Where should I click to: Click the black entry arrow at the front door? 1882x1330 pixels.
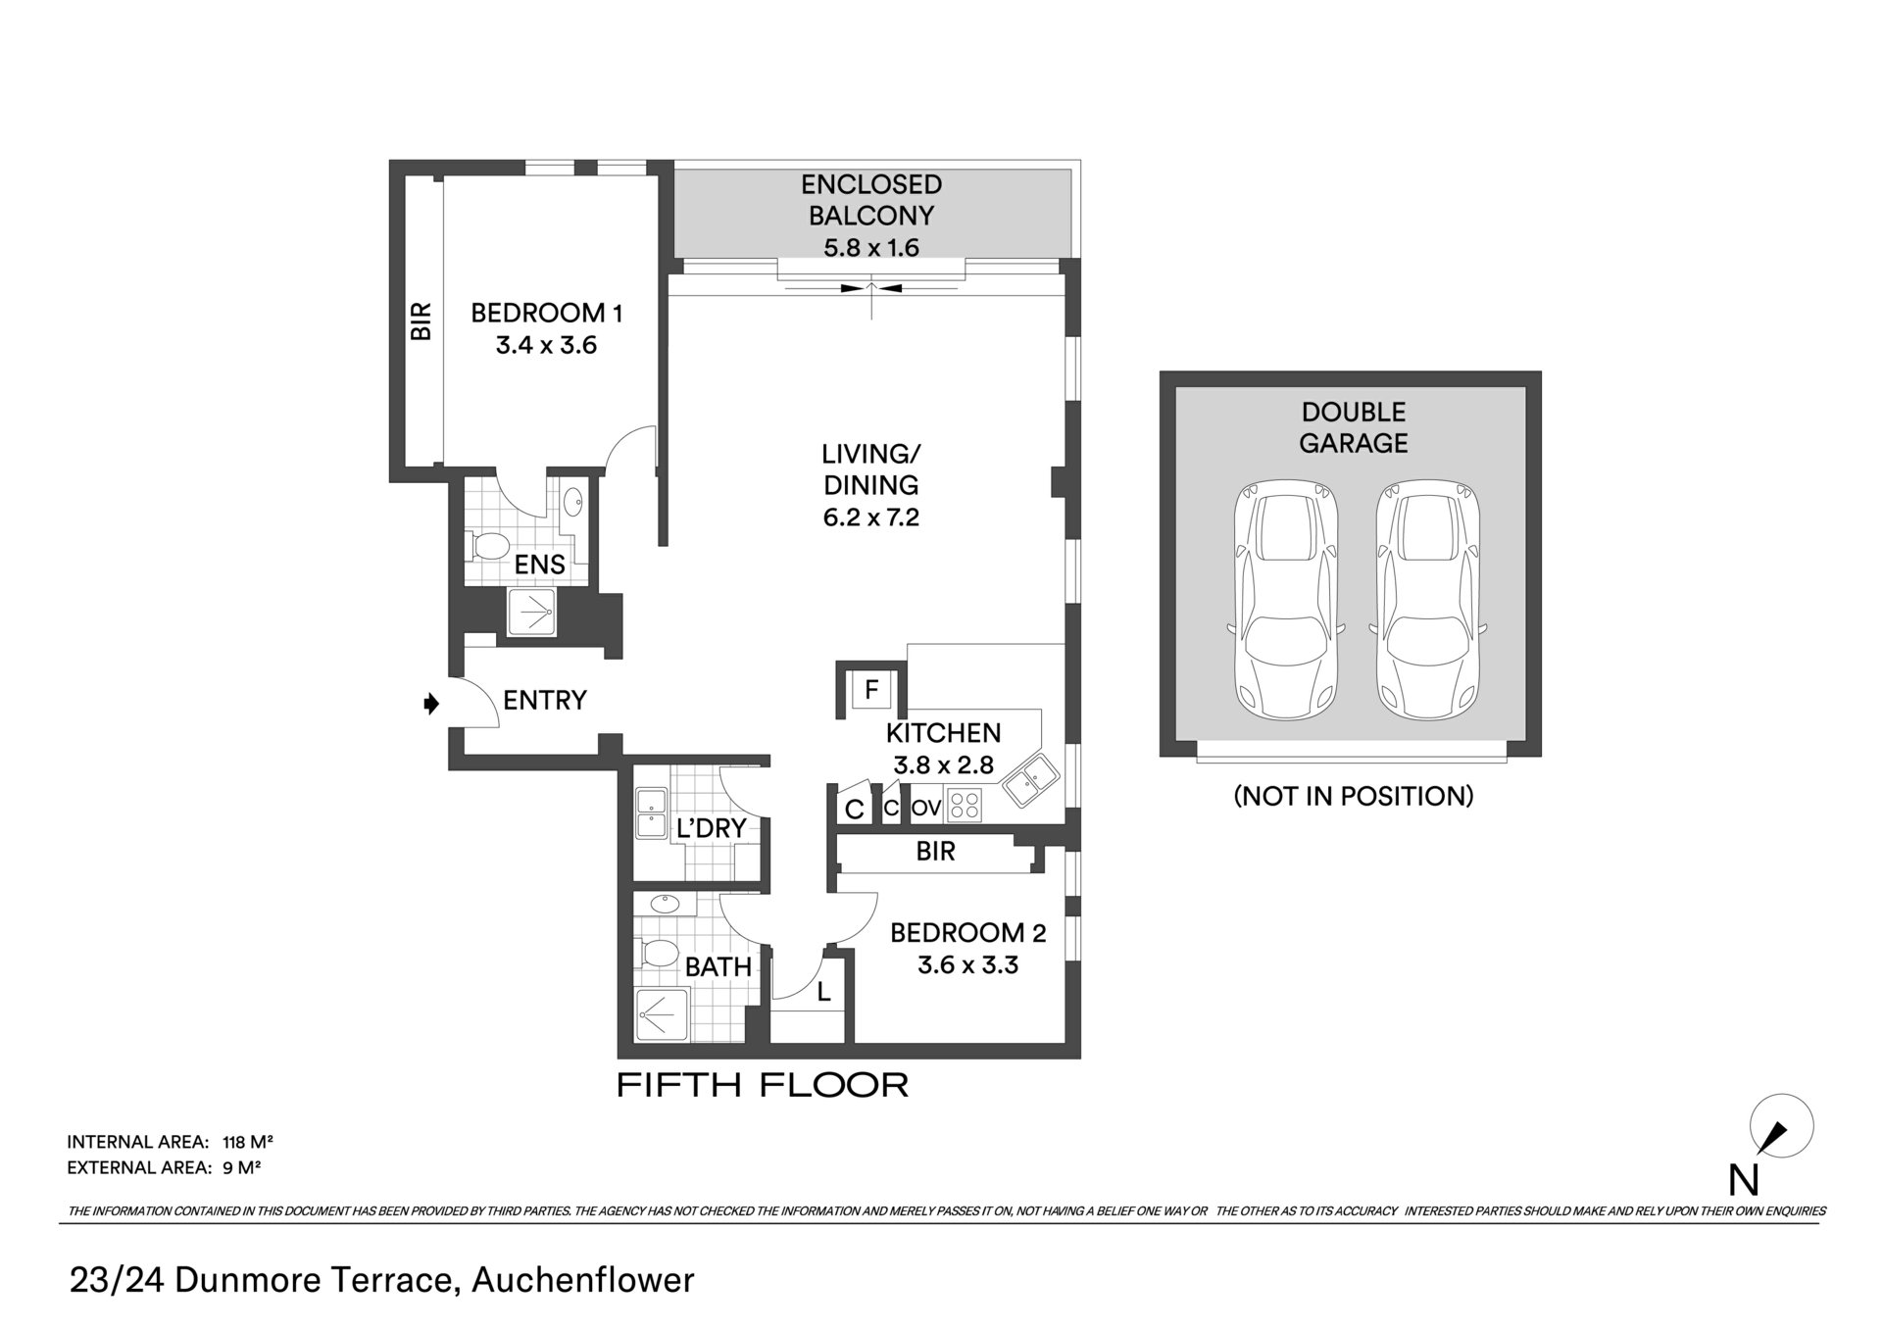tap(430, 703)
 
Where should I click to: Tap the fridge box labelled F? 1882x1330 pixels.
tap(870, 690)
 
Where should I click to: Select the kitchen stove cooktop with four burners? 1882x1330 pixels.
tap(964, 806)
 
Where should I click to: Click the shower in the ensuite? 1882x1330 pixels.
tap(530, 613)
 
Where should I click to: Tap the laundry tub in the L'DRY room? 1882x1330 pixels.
tap(650, 813)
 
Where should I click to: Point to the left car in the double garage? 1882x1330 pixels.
tap(1284, 600)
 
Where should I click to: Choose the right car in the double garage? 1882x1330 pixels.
tap(1427, 600)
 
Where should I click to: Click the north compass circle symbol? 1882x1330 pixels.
tap(1782, 1127)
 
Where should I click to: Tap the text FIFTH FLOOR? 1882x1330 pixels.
tap(763, 1085)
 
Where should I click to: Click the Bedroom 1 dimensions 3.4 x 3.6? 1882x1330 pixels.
tap(546, 345)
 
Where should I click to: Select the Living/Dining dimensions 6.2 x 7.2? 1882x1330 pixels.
tap(871, 517)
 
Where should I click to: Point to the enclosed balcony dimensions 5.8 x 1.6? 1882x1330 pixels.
tap(871, 248)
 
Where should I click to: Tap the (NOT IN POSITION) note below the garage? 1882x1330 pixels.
tap(1354, 796)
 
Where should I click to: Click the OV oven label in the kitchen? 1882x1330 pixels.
tap(926, 809)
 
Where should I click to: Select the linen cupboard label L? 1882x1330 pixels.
tap(824, 992)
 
